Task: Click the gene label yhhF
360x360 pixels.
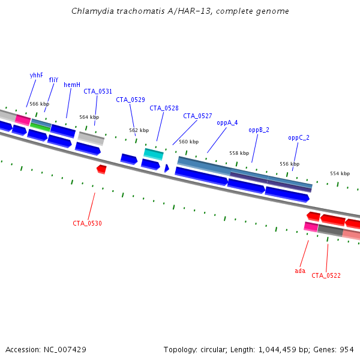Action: pos(36,76)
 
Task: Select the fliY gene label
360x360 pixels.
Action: pos(54,80)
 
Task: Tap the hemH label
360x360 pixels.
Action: pos(72,85)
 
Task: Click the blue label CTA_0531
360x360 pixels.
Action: pos(98,91)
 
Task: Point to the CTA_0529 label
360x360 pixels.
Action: pos(130,100)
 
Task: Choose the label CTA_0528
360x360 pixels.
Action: pos(164,108)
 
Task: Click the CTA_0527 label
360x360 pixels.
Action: pos(197,116)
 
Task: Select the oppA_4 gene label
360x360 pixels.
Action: pos(227,122)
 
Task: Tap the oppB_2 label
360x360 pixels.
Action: pos(259,130)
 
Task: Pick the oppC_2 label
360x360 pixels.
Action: pos(299,137)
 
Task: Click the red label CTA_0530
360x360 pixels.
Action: pos(87,223)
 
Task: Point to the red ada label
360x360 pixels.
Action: pos(300,271)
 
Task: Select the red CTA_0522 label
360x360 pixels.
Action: pos(326,275)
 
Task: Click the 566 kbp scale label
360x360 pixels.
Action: pos(39,104)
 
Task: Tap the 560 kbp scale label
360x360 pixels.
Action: pos(188,142)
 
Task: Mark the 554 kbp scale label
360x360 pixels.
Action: pos(340,173)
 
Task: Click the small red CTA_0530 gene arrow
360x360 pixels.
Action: pos(101,169)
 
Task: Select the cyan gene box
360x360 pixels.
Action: pos(153,154)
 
